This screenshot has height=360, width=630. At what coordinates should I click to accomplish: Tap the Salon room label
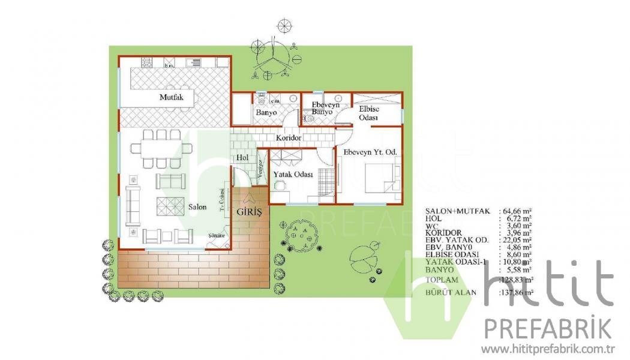[x=197, y=207]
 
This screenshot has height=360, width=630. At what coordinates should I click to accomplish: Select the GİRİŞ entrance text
[x=249, y=212]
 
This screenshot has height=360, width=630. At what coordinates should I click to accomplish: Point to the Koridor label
[x=288, y=138]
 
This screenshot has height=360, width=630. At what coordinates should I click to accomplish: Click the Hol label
[x=242, y=158]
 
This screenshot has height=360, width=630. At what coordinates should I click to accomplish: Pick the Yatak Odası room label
[x=293, y=174]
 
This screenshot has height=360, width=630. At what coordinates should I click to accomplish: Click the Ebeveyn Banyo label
[x=325, y=108]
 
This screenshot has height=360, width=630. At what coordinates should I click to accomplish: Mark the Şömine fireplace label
[x=216, y=236]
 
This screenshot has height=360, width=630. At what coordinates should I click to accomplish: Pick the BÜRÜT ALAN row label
[x=451, y=292]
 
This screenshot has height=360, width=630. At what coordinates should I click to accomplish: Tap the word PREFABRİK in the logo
[x=548, y=329]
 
